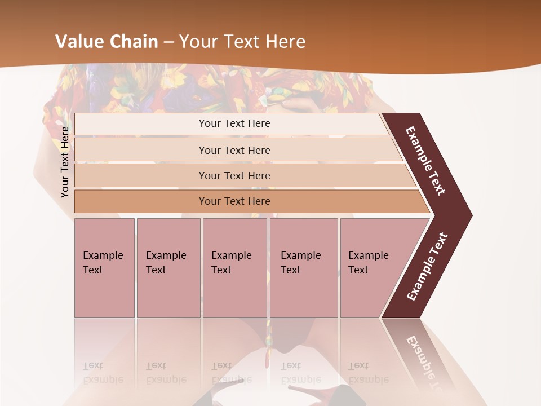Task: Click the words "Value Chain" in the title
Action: (x=107, y=42)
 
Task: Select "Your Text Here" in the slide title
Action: (x=242, y=42)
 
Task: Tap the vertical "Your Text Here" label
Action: (x=65, y=162)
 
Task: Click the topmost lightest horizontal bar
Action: (x=141, y=124)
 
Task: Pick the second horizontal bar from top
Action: (x=141, y=150)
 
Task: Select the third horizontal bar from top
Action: (x=141, y=175)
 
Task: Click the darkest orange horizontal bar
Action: (x=141, y=201)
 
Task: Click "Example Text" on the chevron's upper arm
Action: (x=425, y=161)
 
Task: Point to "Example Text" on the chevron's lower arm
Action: (x=427, y=267)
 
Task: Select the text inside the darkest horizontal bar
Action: (x=234, y=201)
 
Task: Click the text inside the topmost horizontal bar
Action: (x=234, y=123)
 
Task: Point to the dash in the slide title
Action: (x=168, y=42)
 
